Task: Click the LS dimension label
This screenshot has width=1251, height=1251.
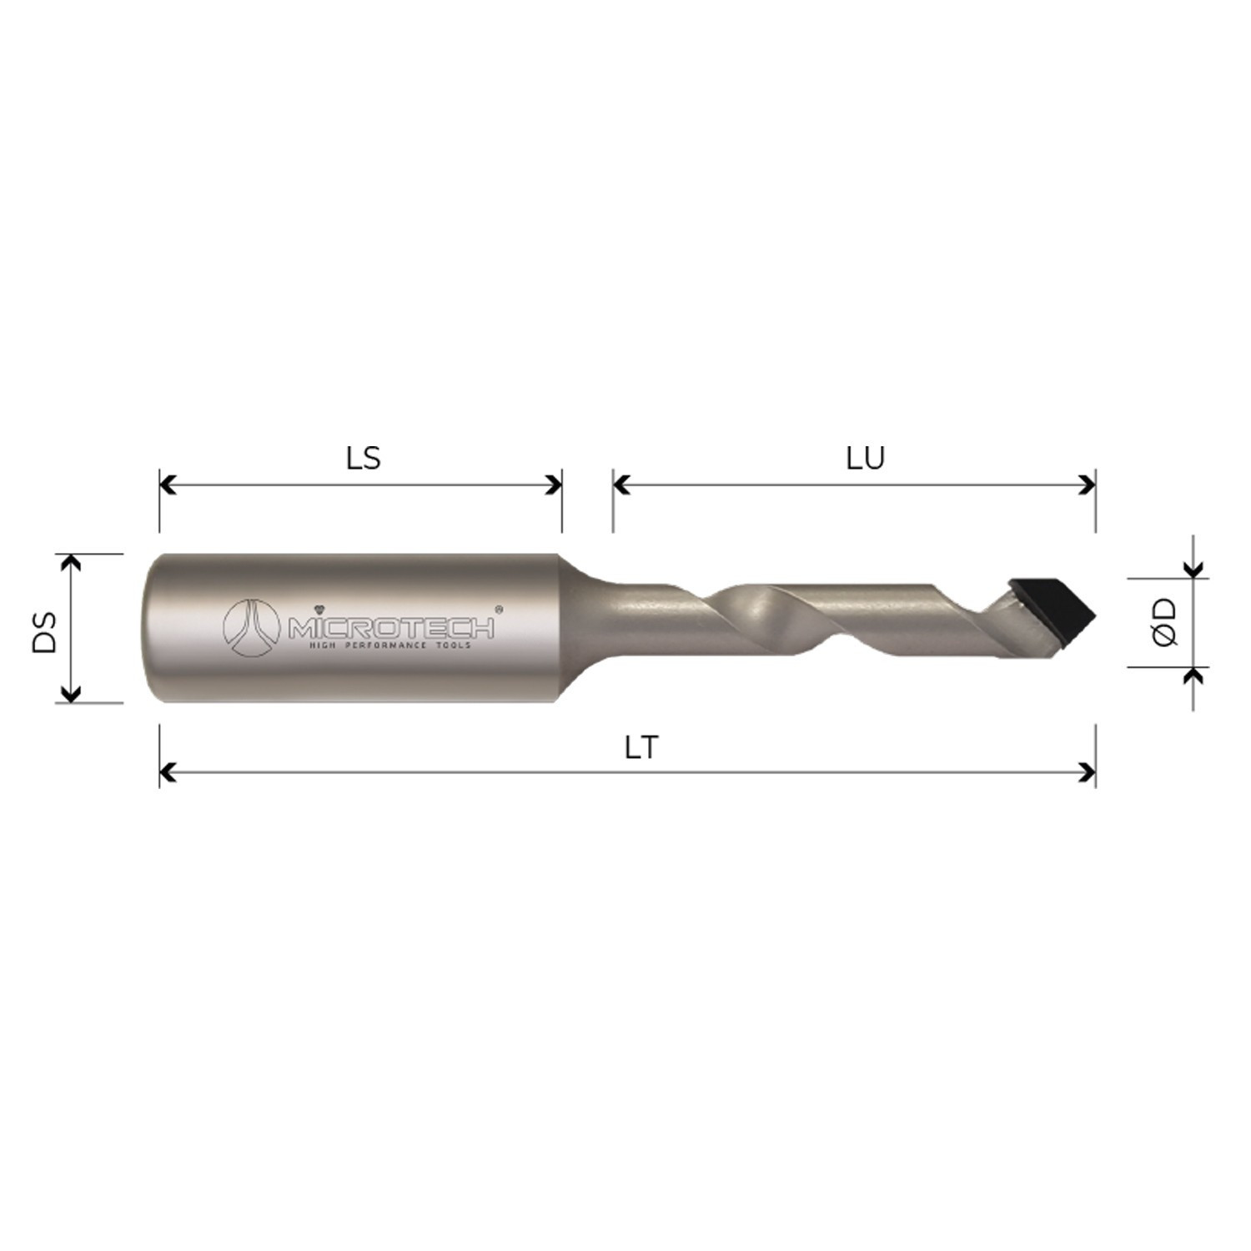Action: [364, 458]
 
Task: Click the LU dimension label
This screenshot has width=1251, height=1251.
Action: [865, 458]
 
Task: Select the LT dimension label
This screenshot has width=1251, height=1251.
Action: [641, 748]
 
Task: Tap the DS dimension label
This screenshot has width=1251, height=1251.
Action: [45, 632]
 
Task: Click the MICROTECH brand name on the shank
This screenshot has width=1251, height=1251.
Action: [391, 626]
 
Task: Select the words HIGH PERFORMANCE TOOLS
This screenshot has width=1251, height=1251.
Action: [390, 646]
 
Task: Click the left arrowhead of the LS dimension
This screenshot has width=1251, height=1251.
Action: [168, 485]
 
